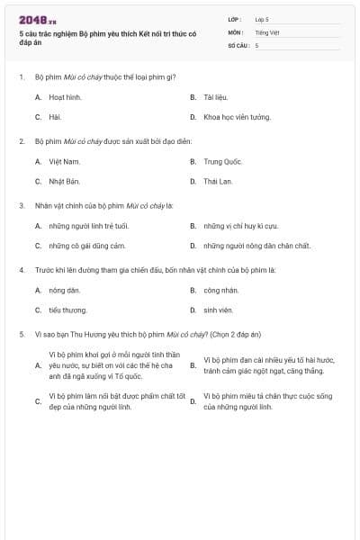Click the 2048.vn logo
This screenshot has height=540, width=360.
point(38,20)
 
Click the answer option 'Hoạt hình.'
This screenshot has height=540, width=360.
point(65,97)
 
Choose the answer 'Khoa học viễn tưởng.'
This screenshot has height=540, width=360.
point(237,117)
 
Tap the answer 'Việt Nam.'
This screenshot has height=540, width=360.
point(64,162)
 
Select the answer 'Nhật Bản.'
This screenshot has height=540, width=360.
point(65,181)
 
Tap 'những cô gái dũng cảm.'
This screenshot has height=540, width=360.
point(86,246)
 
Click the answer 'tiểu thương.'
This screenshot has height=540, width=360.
point(68,310)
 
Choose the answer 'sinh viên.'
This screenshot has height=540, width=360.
point(219,310)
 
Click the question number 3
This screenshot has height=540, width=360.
point(21,205)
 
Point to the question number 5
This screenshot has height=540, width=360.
point(21,335)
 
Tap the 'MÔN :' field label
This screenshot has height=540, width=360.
point(236,31)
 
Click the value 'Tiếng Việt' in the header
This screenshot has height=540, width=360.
point(267,31)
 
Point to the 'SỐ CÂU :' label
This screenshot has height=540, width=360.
point(238,44)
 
